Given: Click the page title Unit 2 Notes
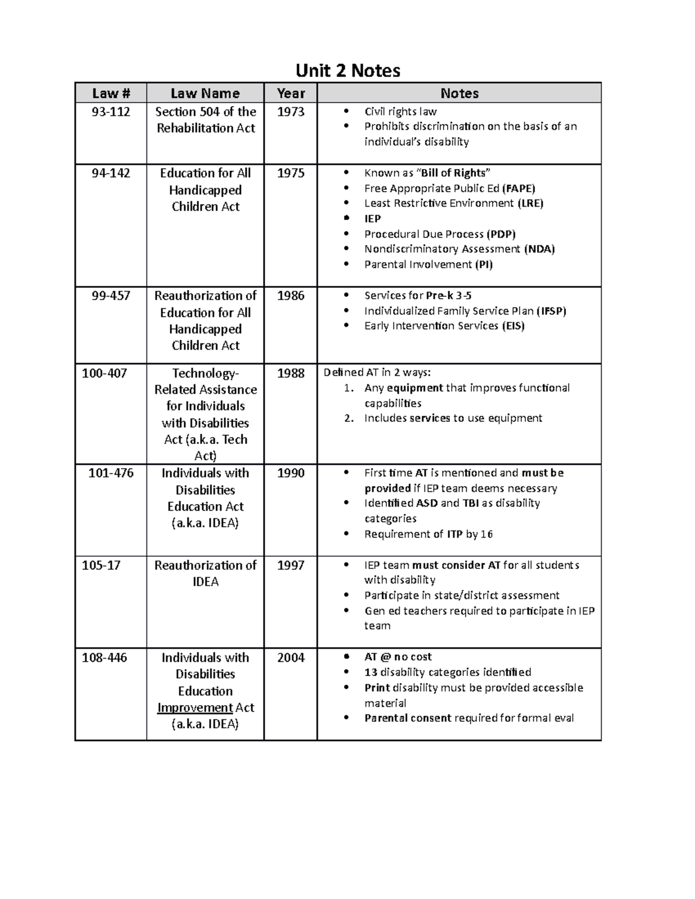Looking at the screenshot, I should click(x=348, y=71).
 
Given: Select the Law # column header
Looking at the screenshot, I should click(x=111, y=93).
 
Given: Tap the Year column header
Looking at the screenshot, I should click(x=291, y=93).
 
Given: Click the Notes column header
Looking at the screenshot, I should click(x=459, y=93).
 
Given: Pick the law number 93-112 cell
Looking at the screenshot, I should click(x=111, y=112).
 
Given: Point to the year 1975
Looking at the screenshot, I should click(x=291, y=173).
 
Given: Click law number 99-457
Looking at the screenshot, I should click(x=111, y=296).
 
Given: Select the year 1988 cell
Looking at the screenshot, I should click(x=291, y=373).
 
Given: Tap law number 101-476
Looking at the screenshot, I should click(x=111, y=473).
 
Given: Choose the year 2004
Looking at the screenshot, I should click(x=291, y=658).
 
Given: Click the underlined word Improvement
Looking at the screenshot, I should click(x=195, y=707).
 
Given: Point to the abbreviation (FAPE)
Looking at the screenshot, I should click(x=518, y=188).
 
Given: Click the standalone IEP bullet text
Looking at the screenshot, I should click(x=372, y=218).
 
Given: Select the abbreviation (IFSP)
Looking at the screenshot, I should click(x=551, y=311).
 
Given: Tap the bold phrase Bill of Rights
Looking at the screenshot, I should click(x=453, y=173).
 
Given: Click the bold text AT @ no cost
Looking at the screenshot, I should click(x=398, y=657).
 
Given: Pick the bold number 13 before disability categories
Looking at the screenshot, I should click(x=371, y=672).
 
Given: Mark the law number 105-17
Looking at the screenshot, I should click(x=101, y=565).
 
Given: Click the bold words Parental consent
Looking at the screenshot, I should click(x=408, y=718).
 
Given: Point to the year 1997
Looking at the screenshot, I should click(x=291, y=565).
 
